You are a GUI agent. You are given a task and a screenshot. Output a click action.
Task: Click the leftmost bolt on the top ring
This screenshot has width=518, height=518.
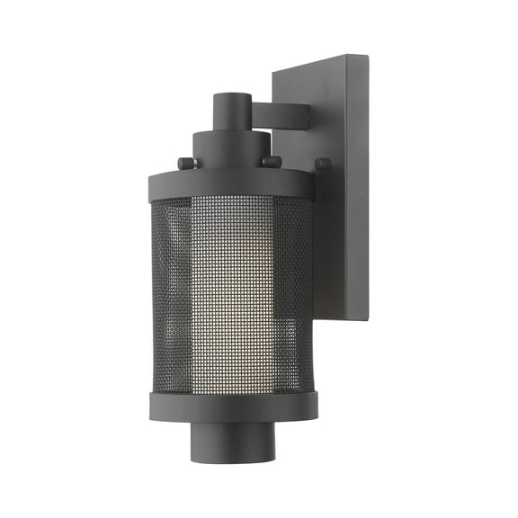pos(184,163)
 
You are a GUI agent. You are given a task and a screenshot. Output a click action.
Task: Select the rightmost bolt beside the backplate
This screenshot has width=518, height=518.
pos(323,164)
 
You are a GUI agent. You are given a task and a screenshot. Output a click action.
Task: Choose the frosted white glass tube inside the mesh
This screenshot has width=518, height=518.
pos(236,288)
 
